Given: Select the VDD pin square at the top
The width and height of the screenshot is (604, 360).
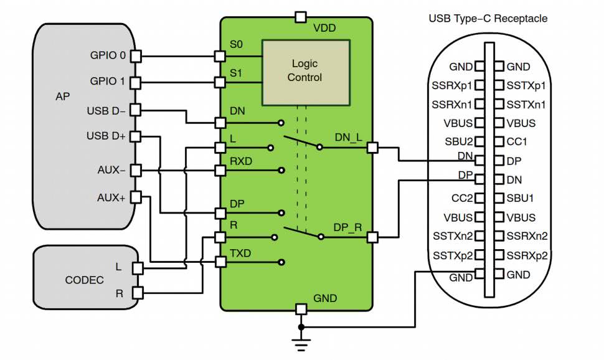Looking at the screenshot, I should pyautogui.click(x=301, y=17).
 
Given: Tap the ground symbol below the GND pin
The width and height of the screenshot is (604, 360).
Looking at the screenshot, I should pyautogui.click(x=301, y=341).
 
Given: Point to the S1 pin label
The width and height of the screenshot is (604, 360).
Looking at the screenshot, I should pyautogui.click(x=236, y=73).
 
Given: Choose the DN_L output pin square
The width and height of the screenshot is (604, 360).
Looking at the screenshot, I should pyautogui.click(x=372, y=148).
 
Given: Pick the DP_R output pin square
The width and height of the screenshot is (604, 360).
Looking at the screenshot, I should pyautogui.click(x=372, y=237).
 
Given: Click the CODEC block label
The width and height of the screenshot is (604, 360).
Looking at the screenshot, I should pyautogui.click(x=84, y=280).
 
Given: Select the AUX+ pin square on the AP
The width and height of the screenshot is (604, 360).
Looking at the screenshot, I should pyautogui.click(x=136, y=197).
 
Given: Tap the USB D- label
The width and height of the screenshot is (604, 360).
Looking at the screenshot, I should pyautogui.click(x=106, y=111).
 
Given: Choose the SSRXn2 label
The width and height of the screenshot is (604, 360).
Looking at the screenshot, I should pyautogui.click(x=527, y=236).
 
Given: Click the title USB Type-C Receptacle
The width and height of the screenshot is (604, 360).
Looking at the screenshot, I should pyautogui.click(x=488, y=19).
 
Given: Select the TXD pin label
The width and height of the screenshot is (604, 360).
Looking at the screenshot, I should pyautogui.click(x=240, y=253).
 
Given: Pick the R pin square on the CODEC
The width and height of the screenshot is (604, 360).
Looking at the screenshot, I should pyautogui.click(x=138, y=291).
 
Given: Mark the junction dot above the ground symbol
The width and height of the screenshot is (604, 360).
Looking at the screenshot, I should pyautogui.click(x=301, y=326).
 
